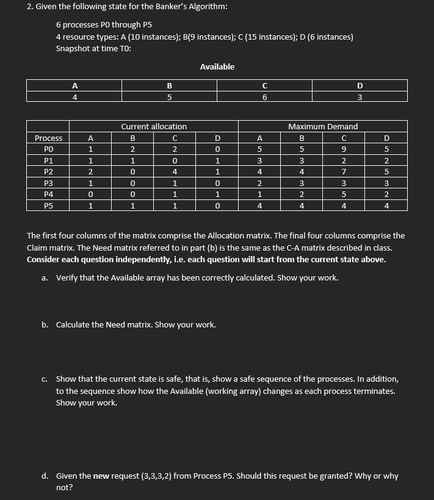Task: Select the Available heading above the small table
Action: [217, 66]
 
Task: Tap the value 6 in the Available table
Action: [264, 96]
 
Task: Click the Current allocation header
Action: [154, 126]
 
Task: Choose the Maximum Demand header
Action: [323, 126]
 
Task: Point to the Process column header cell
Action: [48, 138]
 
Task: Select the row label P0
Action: [48, 149]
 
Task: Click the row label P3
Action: [48, 183]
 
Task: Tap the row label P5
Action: [48, 205]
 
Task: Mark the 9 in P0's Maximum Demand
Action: [344, 149]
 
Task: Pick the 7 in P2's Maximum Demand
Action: [344, 172]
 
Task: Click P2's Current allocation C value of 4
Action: [175, 172]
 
